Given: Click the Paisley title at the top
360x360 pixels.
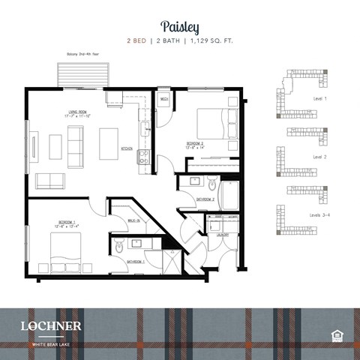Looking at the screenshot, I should pos(179,28).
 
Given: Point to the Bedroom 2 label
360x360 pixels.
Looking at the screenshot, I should pos(196,144).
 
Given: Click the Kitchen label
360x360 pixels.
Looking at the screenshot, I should pos(127,148).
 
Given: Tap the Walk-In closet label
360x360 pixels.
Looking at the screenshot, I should pos(133,220).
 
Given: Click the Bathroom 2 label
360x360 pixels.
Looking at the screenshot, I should pos(205,199).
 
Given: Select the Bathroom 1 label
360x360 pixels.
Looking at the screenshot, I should pos(135,260).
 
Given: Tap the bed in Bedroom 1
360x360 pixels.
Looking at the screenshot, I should pos(59,250).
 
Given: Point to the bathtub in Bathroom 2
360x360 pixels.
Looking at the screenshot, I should pos(229,193).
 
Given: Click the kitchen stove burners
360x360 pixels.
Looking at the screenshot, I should pos(143,157).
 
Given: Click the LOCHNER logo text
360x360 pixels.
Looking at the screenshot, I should pos(51,325).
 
